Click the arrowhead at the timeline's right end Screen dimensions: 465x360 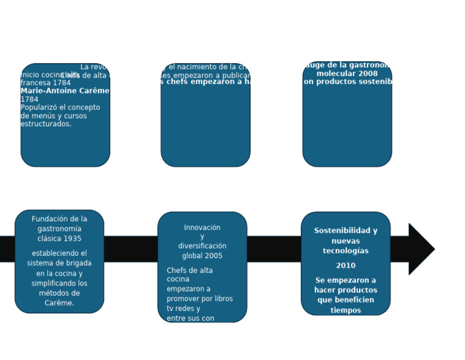[x=421, y=248]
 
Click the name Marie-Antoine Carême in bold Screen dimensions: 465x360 [x=65, y=91]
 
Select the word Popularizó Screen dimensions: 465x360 [x=40, y=107]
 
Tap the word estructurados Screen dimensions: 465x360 [x=45, y=124]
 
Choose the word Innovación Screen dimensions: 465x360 [x=202, y=228]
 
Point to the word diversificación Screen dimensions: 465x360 [x=202, y=246]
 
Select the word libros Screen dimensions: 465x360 [x=221, y=299]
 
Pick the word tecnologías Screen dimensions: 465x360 [x=346, y=251]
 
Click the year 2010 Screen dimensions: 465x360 [x=346, y=265]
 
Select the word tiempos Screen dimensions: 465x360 [x=346, y=310]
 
